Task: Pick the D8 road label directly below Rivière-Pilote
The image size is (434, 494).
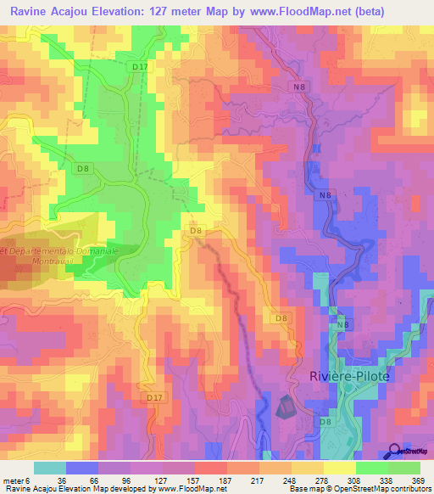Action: click(x=325, y=421)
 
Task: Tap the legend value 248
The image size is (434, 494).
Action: click(x=288, y=480)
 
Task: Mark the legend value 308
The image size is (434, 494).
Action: click(x=342, y=480)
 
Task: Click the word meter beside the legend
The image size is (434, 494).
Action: click(x=13, y=480)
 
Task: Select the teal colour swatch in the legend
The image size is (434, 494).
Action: click(x=50, y=468)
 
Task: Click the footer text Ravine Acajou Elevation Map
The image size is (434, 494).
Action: click(x=59, y=489)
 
